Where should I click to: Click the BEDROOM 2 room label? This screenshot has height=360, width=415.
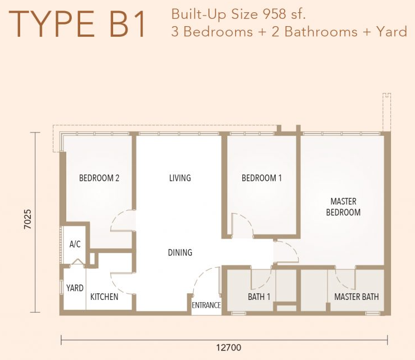pos(99,178)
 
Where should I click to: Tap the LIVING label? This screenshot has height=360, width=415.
pos(180,178)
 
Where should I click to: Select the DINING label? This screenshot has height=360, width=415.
pos(180,253)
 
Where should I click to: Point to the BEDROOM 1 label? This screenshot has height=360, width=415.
pos(262,178)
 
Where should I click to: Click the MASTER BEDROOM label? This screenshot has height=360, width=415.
pos(343,206)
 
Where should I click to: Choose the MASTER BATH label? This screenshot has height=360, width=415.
pos(357,297)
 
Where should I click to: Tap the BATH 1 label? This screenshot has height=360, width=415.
pos(259,297)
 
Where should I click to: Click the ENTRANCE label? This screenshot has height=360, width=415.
pos(206,305)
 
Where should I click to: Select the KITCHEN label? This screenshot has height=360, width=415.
pos(104,297)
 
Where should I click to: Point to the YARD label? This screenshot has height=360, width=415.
pos(75,288)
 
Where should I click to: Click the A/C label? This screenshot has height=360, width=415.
pos(75,244)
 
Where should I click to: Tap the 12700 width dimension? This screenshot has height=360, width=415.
pos(229,347)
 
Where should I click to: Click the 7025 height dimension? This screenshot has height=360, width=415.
pos(27,219)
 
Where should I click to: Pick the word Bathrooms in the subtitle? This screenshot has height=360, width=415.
pos(321,32)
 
